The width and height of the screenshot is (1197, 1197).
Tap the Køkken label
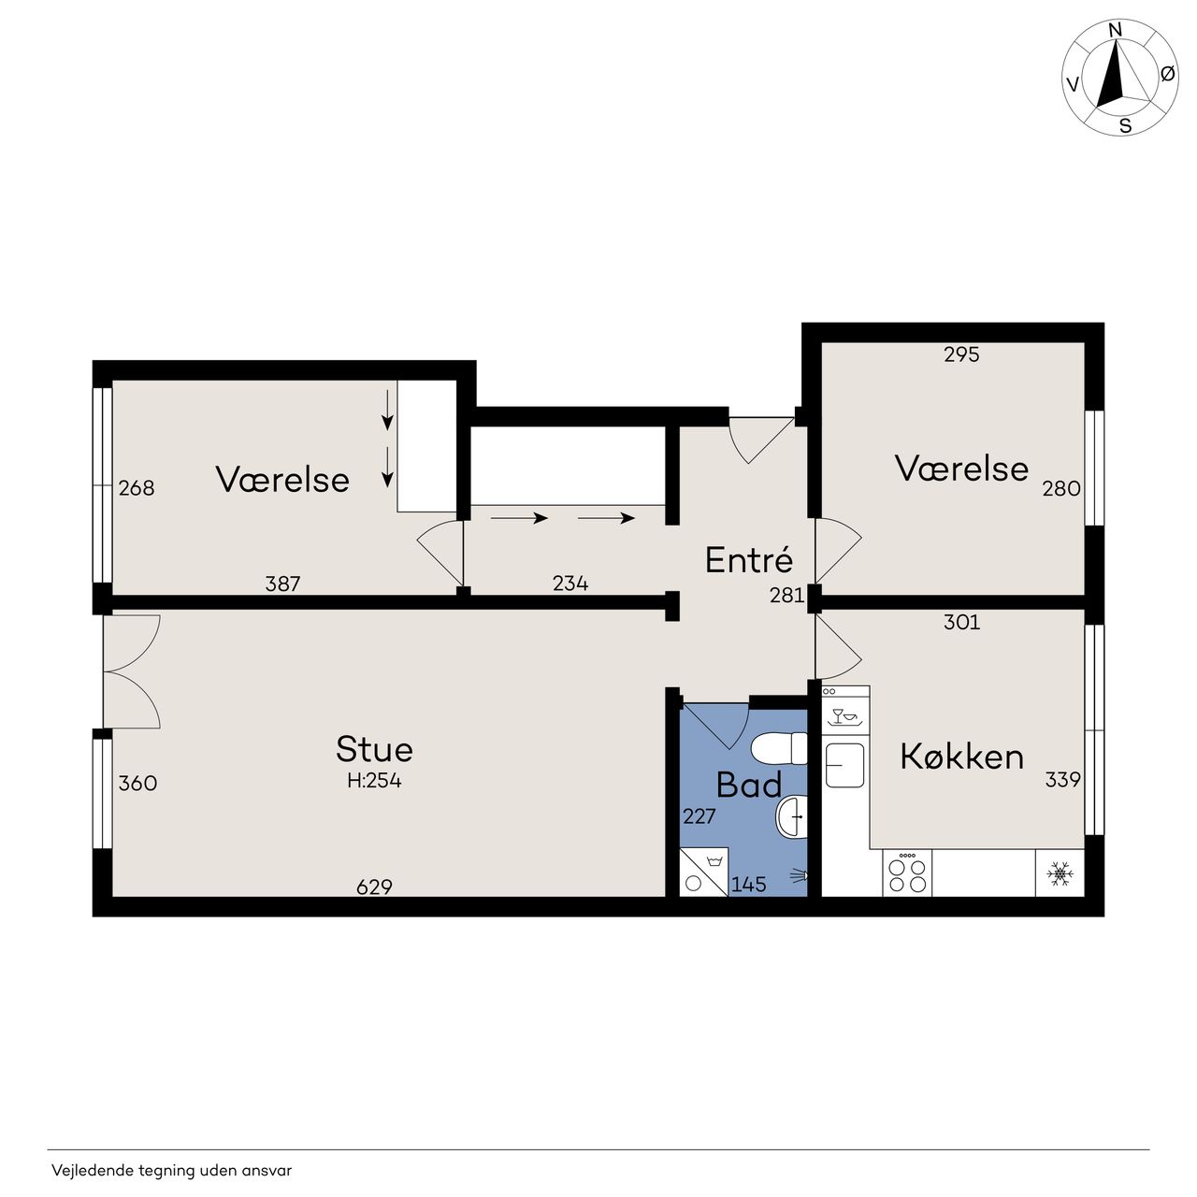(961, 757)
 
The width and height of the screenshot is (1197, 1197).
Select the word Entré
(749, 559)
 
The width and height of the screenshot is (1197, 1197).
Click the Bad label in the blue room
(748, 785)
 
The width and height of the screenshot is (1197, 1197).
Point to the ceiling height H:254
(375, 780)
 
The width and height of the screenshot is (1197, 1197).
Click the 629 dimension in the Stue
(375, 887)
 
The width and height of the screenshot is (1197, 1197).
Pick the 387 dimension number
(282, 584)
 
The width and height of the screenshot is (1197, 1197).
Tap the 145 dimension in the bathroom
(748, 885)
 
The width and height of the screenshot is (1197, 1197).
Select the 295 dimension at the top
(961, 354)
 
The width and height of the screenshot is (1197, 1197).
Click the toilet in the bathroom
(779, 748)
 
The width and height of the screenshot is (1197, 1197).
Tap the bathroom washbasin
(792, 815)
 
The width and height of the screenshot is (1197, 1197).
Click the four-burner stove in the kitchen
(907, 873)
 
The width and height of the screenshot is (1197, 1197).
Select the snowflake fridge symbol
(1060, 873)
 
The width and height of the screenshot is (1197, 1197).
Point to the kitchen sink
(844, 765)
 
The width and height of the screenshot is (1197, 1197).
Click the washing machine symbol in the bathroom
(704, 872)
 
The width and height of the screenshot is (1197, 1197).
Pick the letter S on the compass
(1125, 126)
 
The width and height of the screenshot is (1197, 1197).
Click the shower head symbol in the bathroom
(800, 876)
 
